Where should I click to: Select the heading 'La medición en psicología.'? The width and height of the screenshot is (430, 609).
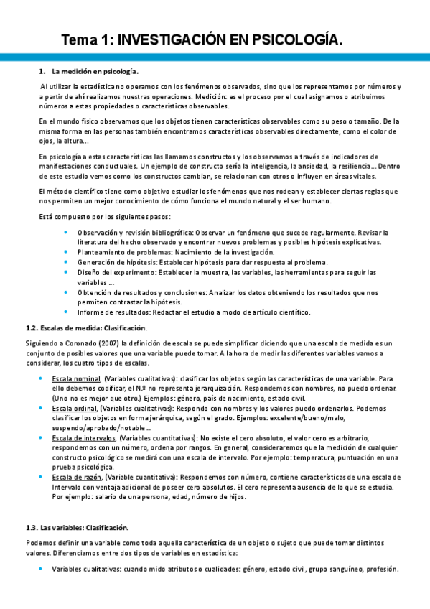coord(95,71)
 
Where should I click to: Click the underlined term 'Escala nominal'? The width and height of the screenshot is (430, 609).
coord(77,378)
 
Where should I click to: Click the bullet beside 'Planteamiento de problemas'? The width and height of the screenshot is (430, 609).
coord(66,252)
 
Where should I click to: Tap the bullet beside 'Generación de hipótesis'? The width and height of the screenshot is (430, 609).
coord(66,262)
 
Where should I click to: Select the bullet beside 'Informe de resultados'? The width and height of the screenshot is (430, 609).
coord(66,312)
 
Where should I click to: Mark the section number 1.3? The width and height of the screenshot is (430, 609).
coord(32,527)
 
